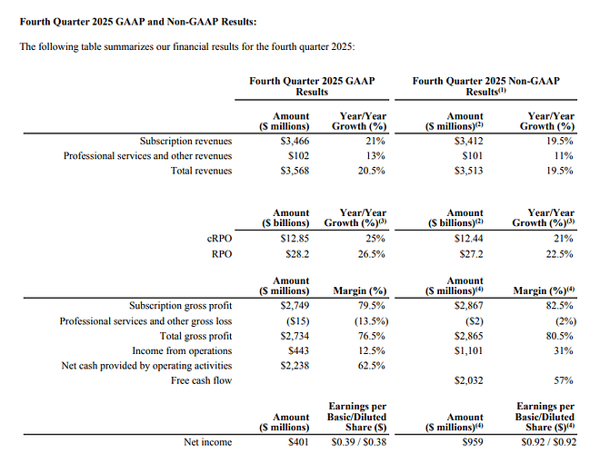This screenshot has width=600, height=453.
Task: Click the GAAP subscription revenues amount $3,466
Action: (x=295, y=141)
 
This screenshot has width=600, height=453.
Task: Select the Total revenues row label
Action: (x=201, y=171)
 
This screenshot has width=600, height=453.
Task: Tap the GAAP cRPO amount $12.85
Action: (x=295, y=239)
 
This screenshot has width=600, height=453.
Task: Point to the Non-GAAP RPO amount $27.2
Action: (x=472, y=254)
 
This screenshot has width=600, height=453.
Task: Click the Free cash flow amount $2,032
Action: (x=469, y=380)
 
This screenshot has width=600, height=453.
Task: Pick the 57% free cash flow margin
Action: (x=564, y=380)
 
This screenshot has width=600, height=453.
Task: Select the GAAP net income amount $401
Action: (x=298, y=442)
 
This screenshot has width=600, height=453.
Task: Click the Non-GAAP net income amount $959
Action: (x=473, y=442)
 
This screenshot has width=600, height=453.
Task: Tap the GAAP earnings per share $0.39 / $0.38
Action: (x=359, y=442)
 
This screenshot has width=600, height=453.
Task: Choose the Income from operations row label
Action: (x=182, y=350)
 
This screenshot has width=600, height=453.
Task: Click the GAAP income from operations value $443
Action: (x=298, y=350)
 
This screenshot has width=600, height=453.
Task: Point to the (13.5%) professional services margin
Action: (x=371, y=321)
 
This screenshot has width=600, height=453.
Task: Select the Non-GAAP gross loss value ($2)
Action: (x=475, y=321)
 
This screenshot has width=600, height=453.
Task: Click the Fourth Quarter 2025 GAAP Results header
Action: (x=312, y=86)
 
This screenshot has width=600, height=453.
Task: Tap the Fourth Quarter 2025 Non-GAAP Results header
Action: (x=486, y=86)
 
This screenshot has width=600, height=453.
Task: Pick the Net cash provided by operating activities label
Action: (x=146, y=366)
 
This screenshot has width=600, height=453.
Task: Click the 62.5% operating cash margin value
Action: (x=371, y=366)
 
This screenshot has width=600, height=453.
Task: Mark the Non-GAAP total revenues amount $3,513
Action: (x=469, y=171)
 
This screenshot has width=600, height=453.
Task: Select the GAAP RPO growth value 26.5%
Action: (x=371, y=254)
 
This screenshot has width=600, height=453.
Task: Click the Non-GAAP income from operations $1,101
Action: (x=469, y=350)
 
